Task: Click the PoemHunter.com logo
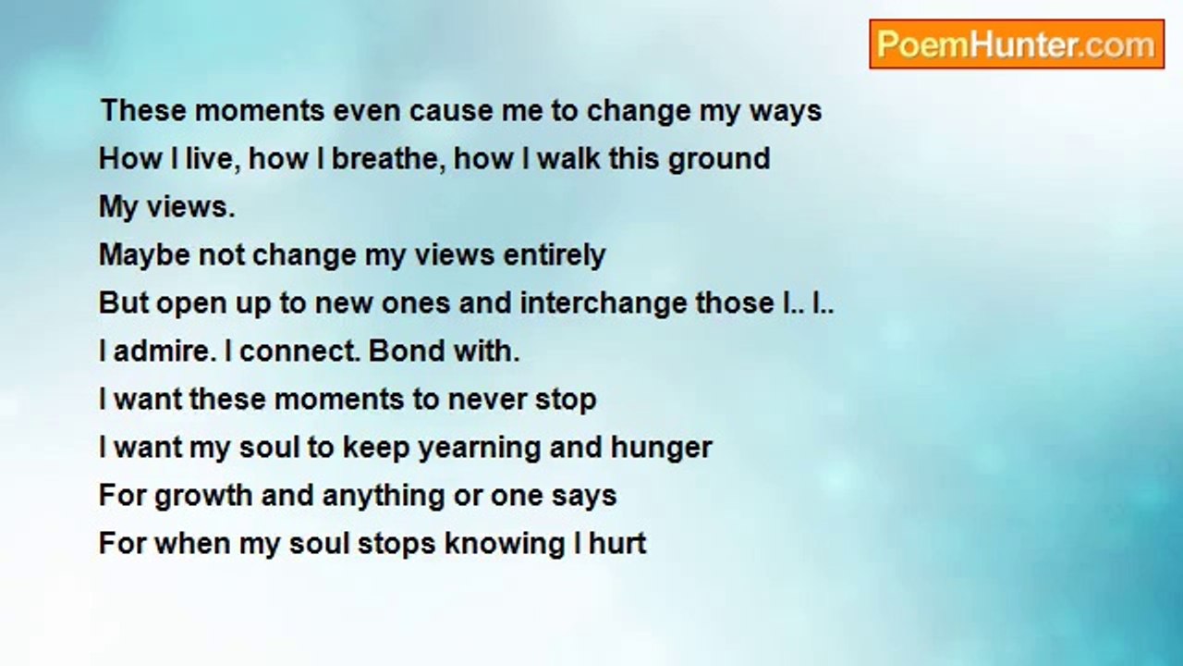(x=1017, y=43)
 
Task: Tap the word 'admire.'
(x=165, y=351)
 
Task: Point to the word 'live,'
(x=209, y=158)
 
